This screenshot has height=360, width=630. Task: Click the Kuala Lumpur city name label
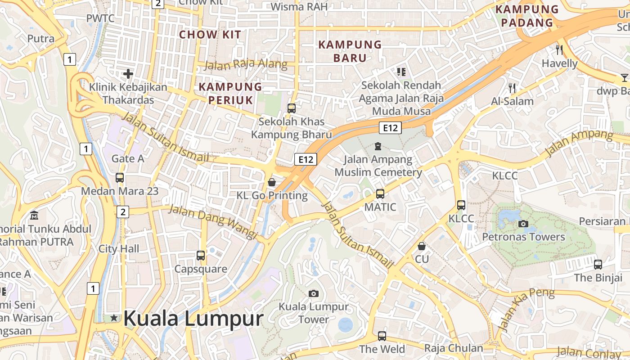click(193, 319)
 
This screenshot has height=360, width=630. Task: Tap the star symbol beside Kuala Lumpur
click(114, 318)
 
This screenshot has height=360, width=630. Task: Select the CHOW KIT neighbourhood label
click(210, 35)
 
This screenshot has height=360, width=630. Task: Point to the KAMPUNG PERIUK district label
click(230, 93)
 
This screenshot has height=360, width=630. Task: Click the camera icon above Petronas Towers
click(523, 224)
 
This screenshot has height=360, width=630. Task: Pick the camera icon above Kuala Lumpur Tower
click(314, 294)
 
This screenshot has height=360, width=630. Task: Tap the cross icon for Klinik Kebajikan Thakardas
click(128, 73)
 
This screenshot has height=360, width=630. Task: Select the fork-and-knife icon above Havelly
click(559, 49)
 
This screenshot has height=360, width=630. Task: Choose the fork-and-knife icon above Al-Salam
click(512, 88)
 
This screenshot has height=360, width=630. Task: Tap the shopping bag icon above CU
click(422, 246)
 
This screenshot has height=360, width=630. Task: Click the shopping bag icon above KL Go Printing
click(272, 182)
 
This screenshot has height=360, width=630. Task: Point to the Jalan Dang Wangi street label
click(212, 221)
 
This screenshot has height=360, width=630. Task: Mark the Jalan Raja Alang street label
click(246, 64)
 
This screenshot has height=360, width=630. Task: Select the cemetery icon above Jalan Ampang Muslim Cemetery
click(378, 146)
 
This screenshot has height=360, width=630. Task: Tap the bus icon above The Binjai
click(598, 265)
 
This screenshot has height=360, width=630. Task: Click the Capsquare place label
click(201, 269)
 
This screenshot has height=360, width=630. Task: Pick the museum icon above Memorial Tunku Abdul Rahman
click(34, 216)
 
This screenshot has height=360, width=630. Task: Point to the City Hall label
click(119, 248)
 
